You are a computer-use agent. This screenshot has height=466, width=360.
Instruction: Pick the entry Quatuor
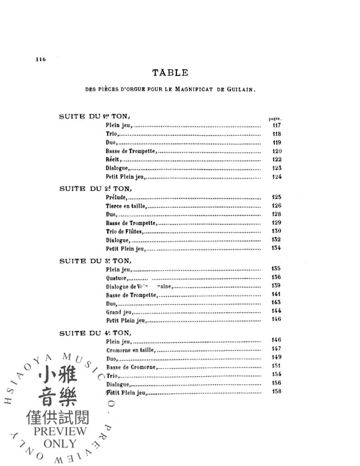pos(116,277)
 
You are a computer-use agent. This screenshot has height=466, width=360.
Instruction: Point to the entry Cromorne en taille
pos(127,348)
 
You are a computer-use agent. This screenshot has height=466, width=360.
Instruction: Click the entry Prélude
pos(115,197)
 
